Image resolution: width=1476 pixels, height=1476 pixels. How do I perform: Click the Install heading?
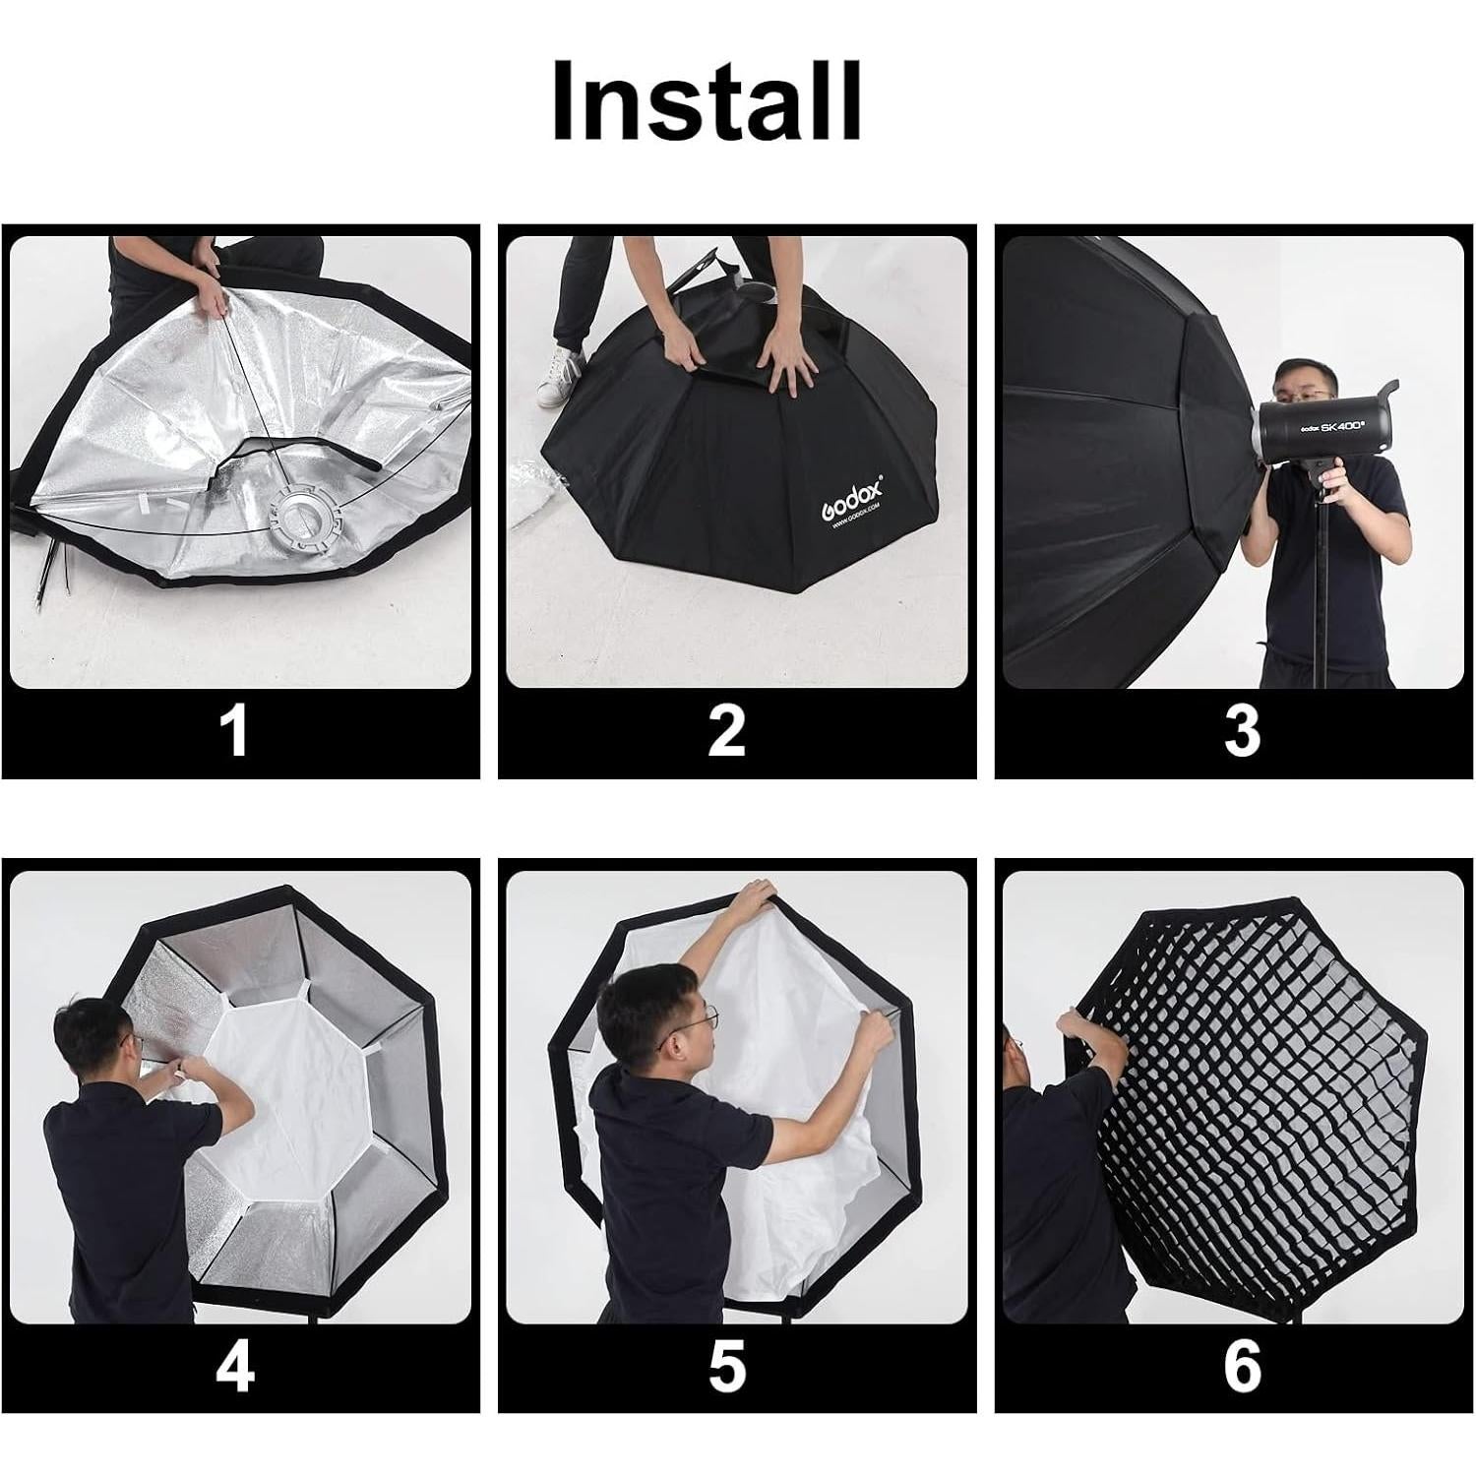click(707, 101)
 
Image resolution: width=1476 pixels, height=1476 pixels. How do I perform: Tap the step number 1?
click(234, 731)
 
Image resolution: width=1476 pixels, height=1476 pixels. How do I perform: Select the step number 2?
click(726, 731)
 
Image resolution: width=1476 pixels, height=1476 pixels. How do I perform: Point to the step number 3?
click(1242, 731)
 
